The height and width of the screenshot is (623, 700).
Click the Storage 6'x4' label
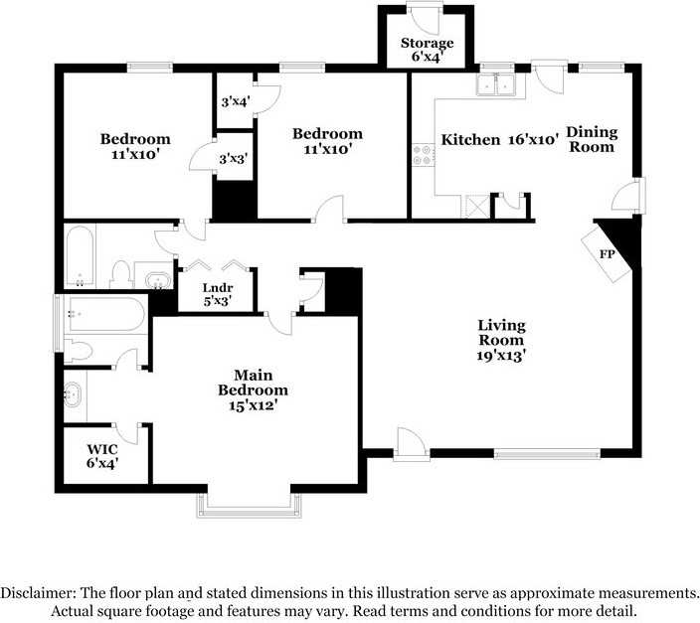click(x=427, y=50)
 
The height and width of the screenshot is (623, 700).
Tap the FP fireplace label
click(x=606, y=254)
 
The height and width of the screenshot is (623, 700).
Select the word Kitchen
click(x=470, y=140)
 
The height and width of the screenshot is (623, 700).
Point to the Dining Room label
click(x=592, y=139)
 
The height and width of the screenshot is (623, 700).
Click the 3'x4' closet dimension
click(x=234, y=100)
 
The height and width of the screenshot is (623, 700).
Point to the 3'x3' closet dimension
click(x=233, y=158)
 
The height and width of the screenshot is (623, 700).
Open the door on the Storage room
click(x=428, y=19)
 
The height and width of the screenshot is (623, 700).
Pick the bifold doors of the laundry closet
click(x=217, y=266)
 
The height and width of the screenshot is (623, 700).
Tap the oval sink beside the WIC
click(x=73, y=395)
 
